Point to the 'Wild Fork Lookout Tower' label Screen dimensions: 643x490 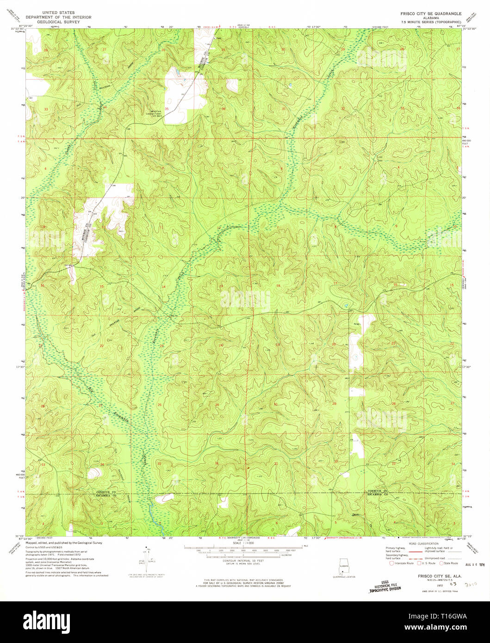click(x=153, y=112)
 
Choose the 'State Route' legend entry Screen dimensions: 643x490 click(x=447, y=563)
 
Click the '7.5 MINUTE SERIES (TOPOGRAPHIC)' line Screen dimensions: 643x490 click(x=431, y=22)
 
